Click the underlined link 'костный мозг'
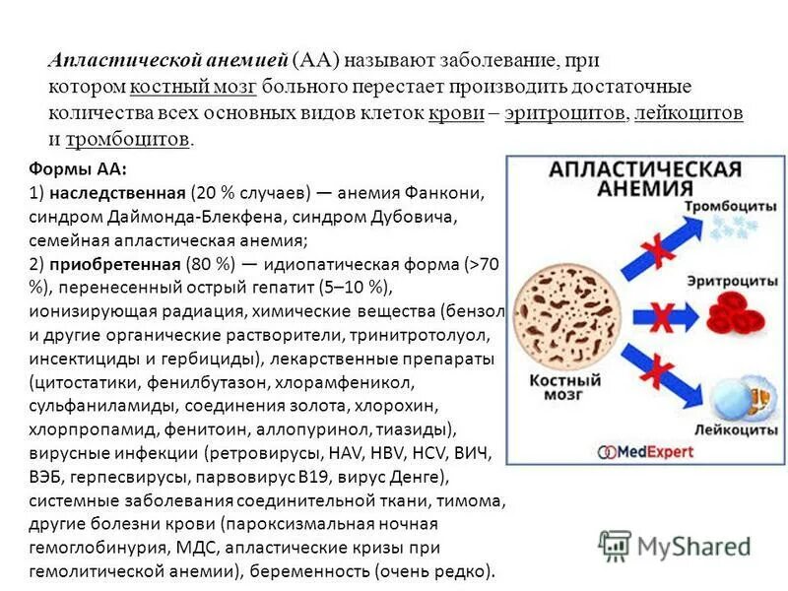click(193, 87)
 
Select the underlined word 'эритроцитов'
click(565, 112)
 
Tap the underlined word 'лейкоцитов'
click(689, 112)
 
